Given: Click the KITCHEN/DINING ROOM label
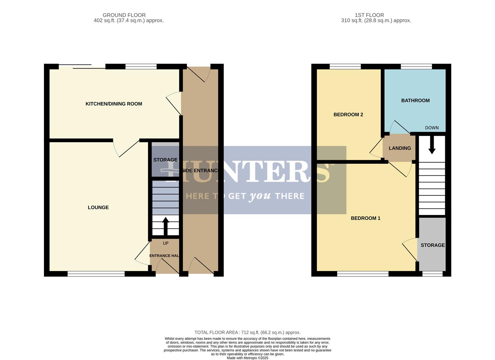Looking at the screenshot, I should pyautogui.click(x=114, y=104).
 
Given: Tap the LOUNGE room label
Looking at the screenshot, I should pyautogui.click(x=98, y=207).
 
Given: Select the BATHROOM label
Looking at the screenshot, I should pyautogui.click(x=415, y=100).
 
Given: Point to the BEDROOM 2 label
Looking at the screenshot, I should pyautogui.click(x=348, y=114).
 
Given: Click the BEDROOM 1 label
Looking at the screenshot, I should pyautogui.click(x=365, y=218).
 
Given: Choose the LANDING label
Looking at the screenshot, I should pyautogui.click(x=399, y=148).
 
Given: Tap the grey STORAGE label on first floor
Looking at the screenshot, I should pyautogui.click(x=432, y=245).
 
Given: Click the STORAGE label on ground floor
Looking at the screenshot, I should pyautogui.click(x=165, y=160).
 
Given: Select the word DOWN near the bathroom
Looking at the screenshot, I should pyautogui.click(x=432, y=128).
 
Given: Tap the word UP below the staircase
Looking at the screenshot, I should pyautogui.click(x=166, y=243).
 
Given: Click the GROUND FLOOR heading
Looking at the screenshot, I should pyautogui.click(x=124, y=15).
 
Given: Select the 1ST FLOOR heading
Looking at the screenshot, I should pyautogui.click(x=369, y=15).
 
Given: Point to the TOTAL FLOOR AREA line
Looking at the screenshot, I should pyautogui.click(x=247, y=332).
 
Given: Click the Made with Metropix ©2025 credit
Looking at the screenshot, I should pyautogui.click(x=247, y=358).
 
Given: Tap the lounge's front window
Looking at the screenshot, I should pyautogui.click(x=96, y=274).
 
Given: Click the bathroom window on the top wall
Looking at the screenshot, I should pyautogui.click(x=416, y=67).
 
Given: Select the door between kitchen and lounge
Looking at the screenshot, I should pyautogui.click(x=127, y=147).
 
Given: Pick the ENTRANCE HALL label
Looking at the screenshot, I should pyautogui.click(x=165, y=256).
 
